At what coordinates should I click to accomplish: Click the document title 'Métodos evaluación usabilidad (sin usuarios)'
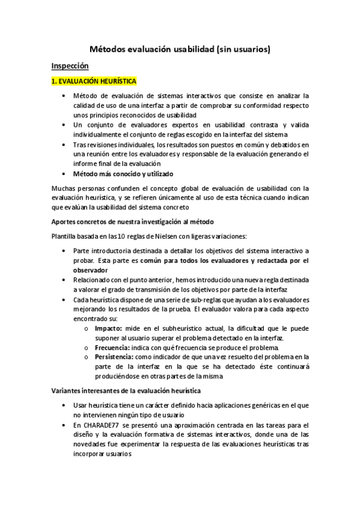pos(180,51)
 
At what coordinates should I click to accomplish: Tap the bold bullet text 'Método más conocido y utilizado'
pos(122,173)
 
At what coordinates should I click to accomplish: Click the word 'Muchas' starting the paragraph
pos(64,188)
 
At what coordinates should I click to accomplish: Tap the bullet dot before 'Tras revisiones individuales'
pos(65,144)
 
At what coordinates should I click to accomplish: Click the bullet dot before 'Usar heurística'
pos(65,406)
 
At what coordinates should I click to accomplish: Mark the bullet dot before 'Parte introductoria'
pos(65,251)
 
